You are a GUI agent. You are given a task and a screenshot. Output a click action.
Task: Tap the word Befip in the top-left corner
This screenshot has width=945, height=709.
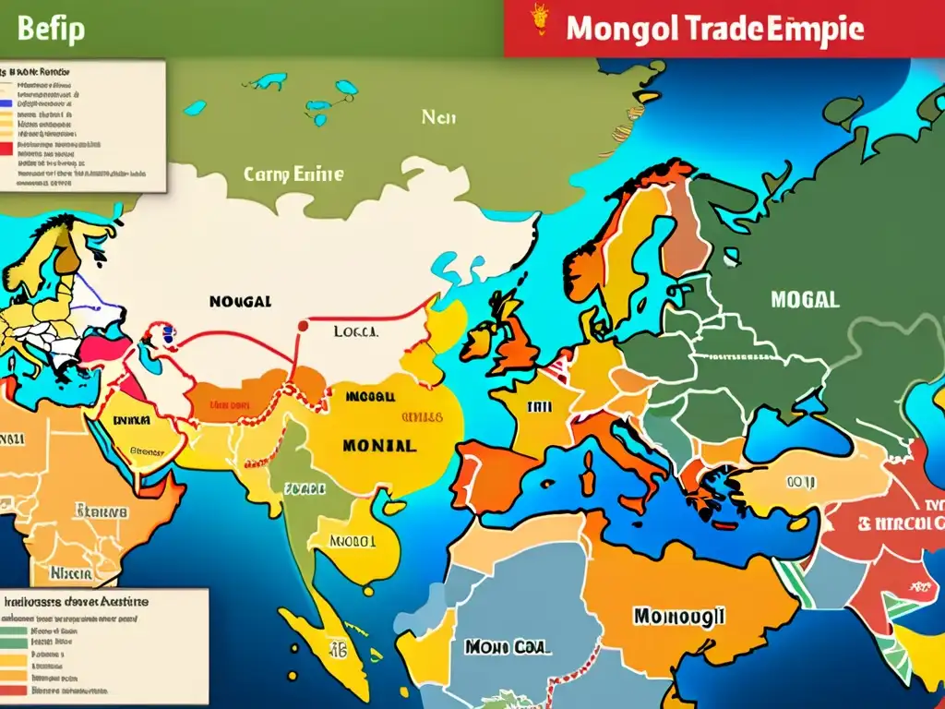click(x=51, y=29)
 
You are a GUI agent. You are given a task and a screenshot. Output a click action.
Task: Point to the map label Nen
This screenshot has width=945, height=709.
click(x=438, y=117)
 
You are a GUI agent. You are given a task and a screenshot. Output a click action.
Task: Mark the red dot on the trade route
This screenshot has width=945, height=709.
click(x=302, y=325)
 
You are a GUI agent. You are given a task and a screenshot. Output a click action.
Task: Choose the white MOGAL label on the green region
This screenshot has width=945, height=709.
click(x=803, y=299)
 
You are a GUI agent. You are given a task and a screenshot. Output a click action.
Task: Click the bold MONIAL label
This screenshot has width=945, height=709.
click(x=378, y=444)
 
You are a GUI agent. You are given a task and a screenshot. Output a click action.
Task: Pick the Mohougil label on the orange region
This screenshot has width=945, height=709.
click(x=679, y=615)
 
